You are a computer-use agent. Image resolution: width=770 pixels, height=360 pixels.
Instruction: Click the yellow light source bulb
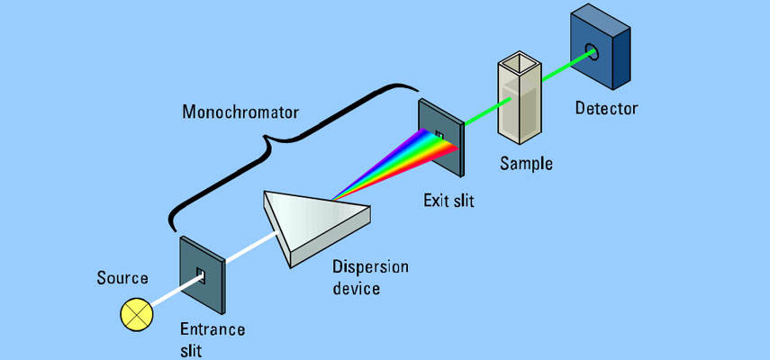click(138, 315)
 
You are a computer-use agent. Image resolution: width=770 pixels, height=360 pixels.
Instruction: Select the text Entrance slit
click(213, 339)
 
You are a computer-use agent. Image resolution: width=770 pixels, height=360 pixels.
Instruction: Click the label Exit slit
click(448, 200)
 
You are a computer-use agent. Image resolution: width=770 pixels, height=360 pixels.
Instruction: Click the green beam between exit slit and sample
click(480, 121)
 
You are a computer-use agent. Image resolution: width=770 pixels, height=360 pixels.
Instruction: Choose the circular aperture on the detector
click(593, 52)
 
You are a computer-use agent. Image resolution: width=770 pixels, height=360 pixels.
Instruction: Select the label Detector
click(606, 109)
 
